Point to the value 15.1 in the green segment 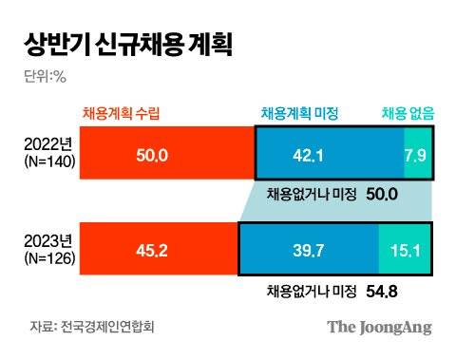pos(404,252)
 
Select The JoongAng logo pos(380,328)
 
